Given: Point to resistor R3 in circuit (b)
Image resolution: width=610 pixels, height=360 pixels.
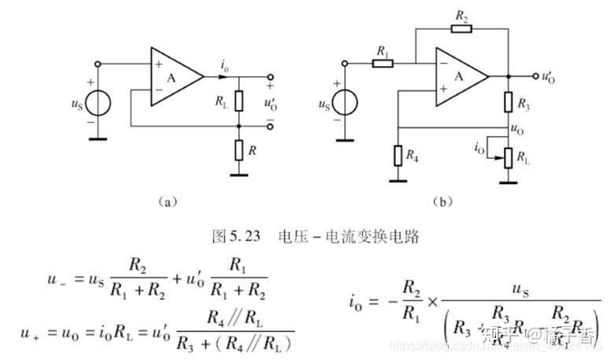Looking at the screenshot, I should click(x=510, y=103).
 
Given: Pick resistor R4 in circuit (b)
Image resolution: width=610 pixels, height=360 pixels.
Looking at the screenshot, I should click(x=399, y=154).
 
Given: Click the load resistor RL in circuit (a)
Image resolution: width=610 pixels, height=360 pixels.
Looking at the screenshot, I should click(x=239, y=101).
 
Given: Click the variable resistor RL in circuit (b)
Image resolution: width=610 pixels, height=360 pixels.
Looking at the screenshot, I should click(x=510, y=156).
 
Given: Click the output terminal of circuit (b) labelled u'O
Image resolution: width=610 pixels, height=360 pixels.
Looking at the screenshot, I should click(x=548, y=76).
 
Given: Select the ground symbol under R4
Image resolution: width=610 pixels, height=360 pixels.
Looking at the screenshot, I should click(x=399, y=178).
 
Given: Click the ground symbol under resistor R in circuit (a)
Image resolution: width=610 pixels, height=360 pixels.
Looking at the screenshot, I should click(x=239, y=174).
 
